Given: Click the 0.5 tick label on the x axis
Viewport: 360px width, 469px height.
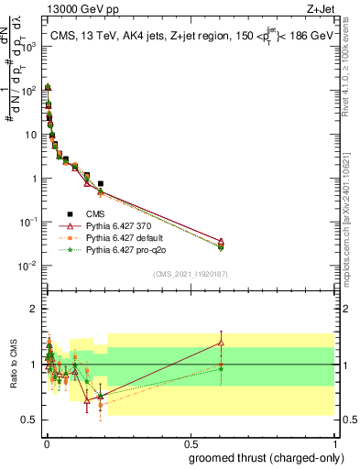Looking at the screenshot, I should [x=191, y=443].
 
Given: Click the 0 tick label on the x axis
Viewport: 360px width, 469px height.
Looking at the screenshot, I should [x=47, y=443].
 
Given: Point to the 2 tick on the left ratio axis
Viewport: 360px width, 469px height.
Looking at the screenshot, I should [x=34, y=309].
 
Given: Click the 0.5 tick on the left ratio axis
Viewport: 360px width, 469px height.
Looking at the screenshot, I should [x=29, y=420].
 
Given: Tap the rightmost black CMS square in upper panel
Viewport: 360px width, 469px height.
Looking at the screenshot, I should [x=100, y=184].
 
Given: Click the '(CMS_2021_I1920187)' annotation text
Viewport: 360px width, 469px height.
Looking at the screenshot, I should [x=191, y=274].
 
